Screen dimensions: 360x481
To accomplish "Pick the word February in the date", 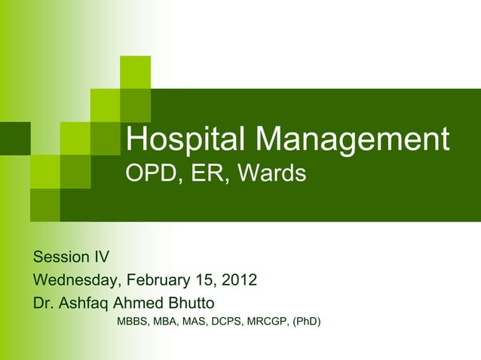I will (x=159, y=281).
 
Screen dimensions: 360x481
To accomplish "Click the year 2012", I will (x=239, y=281).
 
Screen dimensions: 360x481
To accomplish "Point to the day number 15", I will (x=204, y=281).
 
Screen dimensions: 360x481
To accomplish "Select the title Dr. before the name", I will (x=44, y=304).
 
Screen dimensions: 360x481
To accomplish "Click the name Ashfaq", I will (x=84, y=304).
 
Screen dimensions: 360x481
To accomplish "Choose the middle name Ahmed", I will (x=138, y=304).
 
